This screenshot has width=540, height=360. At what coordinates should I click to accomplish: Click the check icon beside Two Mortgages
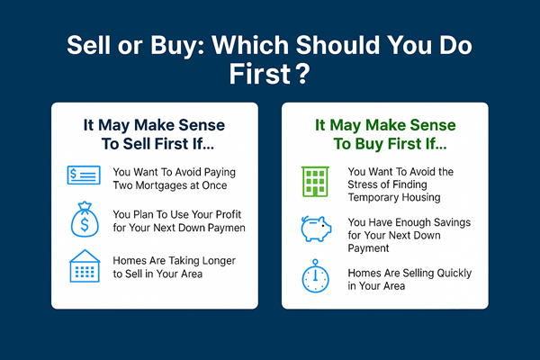pyautogui.click(x=83, y=175)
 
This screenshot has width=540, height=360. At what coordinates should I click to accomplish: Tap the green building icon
pyautogui.click(x=314, y=182)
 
